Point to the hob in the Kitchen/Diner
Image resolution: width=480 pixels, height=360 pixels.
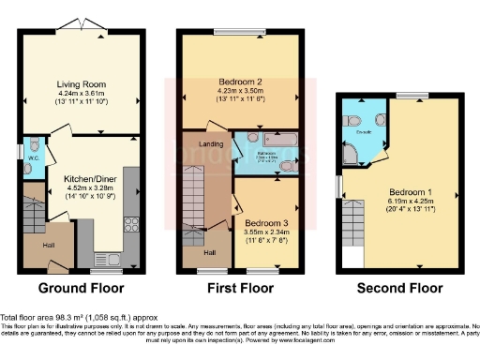[131, 224]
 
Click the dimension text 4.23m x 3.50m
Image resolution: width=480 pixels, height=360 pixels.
[239, 90]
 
